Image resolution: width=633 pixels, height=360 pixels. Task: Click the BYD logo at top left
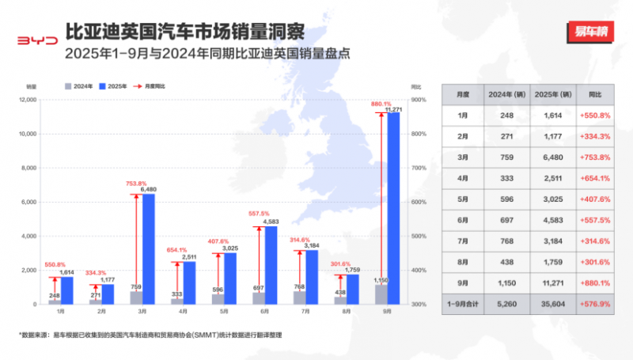coord(37,39)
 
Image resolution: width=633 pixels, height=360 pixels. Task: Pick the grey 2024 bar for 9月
coord(381,294)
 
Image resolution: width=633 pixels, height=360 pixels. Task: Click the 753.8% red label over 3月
coord(137,184)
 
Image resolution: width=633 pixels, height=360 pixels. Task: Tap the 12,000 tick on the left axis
coord(28,100)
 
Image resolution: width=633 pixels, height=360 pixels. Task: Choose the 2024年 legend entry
coord(82,85)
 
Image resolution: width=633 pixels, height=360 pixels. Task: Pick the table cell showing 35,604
coord(553,301)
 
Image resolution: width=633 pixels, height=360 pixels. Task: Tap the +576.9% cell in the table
coord(598,301)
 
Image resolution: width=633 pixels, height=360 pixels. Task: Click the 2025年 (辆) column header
coord(553,94)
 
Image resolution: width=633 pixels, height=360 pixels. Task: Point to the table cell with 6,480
coord(553,157)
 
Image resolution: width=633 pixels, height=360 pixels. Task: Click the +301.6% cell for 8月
coord(598,260)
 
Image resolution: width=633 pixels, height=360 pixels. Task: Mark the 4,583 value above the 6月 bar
coord(271,221)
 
